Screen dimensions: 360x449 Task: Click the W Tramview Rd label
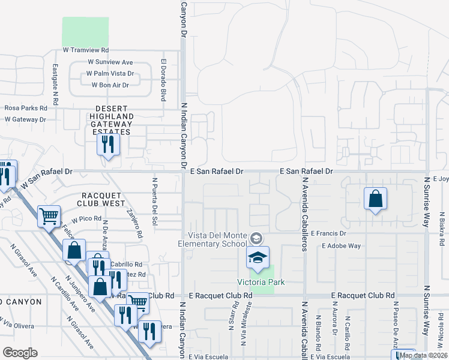click(x=86, y=51)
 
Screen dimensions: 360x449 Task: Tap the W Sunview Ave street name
click(x=110, y=62)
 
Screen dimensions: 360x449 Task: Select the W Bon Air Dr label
click(x=110, y=85)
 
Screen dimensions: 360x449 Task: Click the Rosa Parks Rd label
click(x=25, y=109)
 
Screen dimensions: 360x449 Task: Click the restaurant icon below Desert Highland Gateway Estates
click(x=109, y=144)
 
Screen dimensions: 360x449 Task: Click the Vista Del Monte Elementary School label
click(x=212, y=239)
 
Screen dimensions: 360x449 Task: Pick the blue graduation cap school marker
click(x=257, y=257)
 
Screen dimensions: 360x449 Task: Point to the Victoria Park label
click(x=261, y=282)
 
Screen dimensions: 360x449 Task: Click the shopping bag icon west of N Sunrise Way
click(x=375, y=199)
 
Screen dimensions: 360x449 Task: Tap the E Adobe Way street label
click(x=341, y=245)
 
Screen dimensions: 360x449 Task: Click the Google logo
click(x=20, y=353)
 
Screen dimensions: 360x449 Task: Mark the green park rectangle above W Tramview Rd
click(x=86, y=32)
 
